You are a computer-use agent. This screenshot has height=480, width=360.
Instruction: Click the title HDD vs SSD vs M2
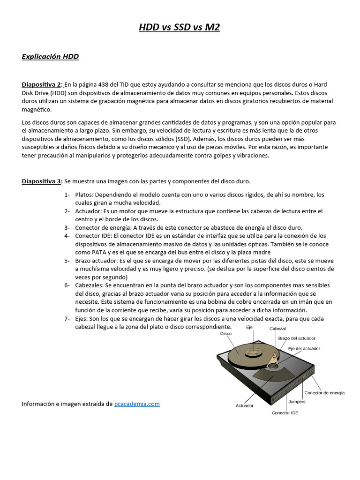180,28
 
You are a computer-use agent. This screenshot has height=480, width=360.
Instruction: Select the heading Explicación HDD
50,57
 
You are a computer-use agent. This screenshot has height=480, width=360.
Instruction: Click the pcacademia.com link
137,404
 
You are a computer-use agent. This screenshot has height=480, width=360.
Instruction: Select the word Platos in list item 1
83,195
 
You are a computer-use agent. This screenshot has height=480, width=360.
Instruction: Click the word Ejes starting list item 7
82,319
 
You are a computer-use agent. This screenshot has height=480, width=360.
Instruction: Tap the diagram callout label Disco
226,334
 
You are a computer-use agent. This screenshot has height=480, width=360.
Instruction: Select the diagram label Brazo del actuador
297,338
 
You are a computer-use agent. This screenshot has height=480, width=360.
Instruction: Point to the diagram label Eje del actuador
304,348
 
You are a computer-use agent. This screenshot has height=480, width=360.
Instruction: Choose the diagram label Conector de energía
324,393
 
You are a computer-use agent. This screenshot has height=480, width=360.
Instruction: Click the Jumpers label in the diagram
297,402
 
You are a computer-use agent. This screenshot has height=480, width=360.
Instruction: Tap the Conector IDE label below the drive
285,413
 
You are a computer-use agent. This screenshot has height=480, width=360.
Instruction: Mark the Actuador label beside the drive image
245,405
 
